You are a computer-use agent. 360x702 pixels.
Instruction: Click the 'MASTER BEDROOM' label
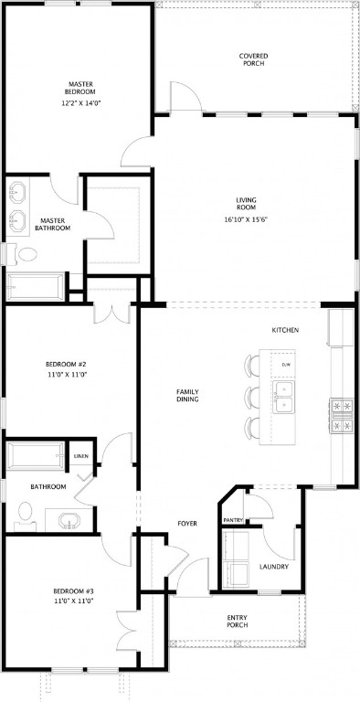coord(75,88)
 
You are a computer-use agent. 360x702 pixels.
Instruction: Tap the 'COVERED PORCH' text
coord(253,60)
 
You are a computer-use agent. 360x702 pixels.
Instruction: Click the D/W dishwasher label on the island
coord(286,365)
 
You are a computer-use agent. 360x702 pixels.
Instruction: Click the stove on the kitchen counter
coord(342,414)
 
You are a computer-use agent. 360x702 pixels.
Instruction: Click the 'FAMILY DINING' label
coord(187,396)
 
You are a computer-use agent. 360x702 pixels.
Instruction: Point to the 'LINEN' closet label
coord(81,454)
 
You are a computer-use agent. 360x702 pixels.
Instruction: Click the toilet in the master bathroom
coord(25,254)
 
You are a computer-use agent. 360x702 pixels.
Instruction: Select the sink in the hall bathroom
coord(69,520)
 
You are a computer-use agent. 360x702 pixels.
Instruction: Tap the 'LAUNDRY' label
coord(274,567)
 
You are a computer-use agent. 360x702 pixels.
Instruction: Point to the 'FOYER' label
coord(188,524)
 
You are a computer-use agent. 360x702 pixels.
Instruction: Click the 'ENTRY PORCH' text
coord(237,622)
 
